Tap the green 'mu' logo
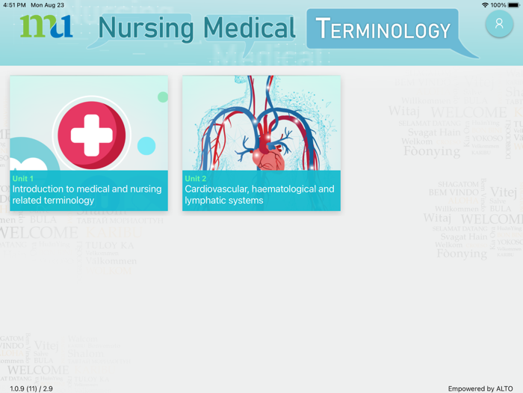click(46, 27)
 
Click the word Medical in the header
click(250, 29)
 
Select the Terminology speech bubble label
click(383, 30)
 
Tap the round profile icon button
click(499, 24)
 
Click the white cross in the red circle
click(91, 135)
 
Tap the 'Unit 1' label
click(23, 179)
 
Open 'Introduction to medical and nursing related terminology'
click(87, 195)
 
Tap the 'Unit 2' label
click(196, 179)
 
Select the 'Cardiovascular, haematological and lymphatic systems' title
click(259, 195)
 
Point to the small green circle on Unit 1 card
click(163, 97)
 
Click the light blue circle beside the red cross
click(146, 146)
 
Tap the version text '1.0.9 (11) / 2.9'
click(31, 389)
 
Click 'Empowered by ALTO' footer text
click(480, 389)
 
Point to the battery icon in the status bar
click(513, 5)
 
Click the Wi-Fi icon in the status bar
click(485, 5)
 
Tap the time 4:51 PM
click(14, 5)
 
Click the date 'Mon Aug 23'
click(47, 5)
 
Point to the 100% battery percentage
click(498, 5)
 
